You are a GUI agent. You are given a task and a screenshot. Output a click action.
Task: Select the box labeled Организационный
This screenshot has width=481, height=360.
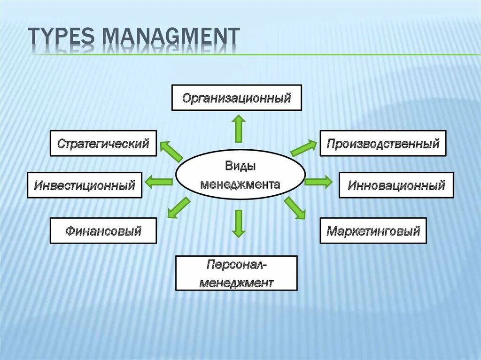coord(236,98)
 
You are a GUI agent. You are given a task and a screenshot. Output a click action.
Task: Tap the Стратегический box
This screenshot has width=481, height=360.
coord(103,143)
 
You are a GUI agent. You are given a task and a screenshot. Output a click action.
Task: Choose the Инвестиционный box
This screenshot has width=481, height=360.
coord(85,185)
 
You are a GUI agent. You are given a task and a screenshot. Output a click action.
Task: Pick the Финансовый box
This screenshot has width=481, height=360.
coord(103,230)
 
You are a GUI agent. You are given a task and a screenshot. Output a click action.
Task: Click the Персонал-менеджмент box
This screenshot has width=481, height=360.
coord(236,273)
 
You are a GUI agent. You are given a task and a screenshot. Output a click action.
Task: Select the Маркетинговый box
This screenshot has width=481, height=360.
coord(373,230)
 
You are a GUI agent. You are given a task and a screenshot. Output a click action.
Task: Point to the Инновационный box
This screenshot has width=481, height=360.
coord(396,185)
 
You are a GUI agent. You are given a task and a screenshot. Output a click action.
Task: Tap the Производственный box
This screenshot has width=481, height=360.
coord(383,143)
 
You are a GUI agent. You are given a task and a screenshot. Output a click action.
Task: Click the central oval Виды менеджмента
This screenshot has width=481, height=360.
coord(240,176)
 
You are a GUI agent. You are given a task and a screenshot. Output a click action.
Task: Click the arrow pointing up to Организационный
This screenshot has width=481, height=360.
coord(239,129)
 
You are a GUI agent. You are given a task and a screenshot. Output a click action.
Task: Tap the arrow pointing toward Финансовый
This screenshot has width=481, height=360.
coord(178,208)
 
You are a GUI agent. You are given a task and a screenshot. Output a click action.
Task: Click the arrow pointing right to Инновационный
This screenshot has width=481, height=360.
coord(318,182)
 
